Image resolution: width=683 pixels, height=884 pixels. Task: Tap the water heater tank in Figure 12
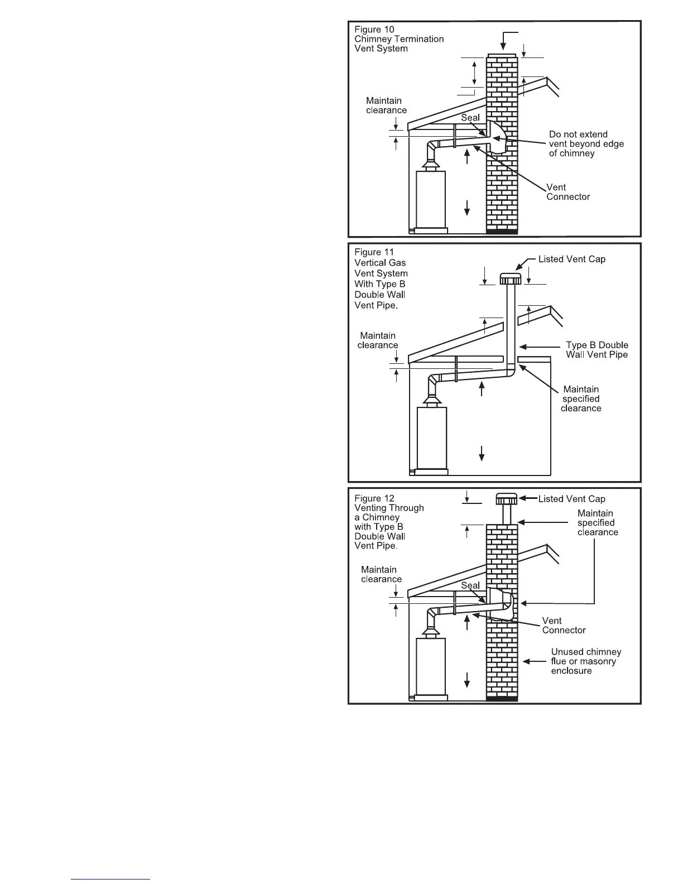pos(431,666)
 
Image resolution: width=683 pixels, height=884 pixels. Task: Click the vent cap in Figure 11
pos(510,278)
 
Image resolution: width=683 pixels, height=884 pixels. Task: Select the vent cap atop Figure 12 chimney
pos(507,498)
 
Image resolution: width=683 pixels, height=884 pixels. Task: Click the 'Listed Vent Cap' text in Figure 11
pos(571,259)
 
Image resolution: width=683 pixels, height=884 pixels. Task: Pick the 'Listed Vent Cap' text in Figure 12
pos(571,499)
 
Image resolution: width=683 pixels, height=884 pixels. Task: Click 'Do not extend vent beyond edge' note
pos(586,144)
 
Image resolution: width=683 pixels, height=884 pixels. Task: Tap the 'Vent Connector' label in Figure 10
pos(567,192)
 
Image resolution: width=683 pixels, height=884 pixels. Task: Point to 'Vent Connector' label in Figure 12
pos(564,626)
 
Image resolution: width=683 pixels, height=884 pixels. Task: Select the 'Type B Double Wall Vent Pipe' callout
pos(597,350)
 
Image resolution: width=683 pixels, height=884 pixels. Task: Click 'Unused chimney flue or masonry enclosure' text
pos(585,661)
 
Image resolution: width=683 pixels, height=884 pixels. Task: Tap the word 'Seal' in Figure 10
pos(470,118)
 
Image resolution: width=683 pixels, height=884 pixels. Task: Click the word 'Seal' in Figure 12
pos(470,585)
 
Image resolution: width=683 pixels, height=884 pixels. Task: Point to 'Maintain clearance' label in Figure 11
pos(378,340)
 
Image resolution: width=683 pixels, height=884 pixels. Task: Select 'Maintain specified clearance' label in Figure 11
pos(581,399)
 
